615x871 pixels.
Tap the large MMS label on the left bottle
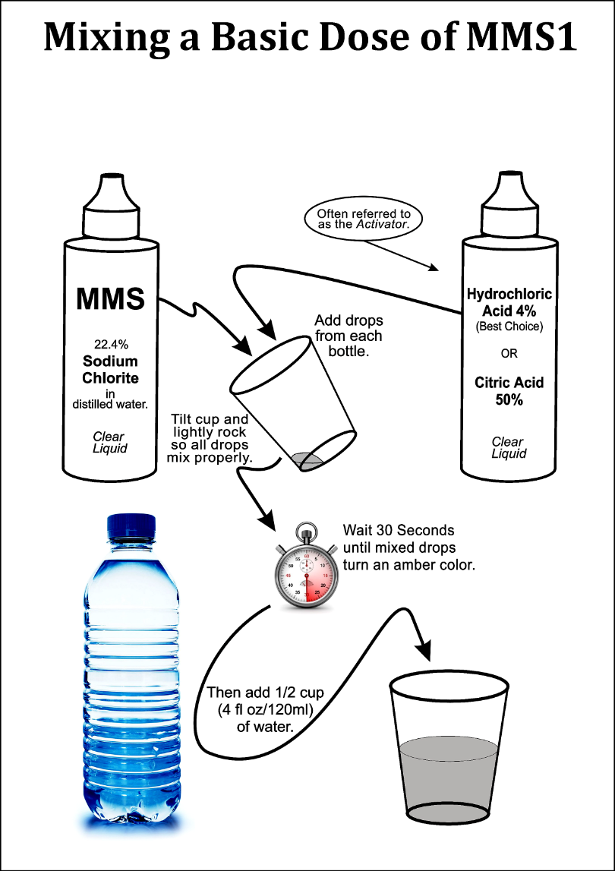[x=110, y=298]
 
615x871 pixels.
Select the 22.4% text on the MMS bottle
[x=110, y=343]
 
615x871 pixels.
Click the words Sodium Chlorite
[x=110, y=369]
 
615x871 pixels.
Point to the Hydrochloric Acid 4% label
[x=509, y=301]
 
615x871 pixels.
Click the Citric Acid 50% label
[x=509, y=391]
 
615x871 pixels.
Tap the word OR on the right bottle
[x=509, y=354]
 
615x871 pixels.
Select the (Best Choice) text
[x=509, y=327]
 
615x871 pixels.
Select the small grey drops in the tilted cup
[x=307, y=458]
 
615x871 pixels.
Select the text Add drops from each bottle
[x=348, y=335]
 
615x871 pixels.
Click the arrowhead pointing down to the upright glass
[x=424, y=650]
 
